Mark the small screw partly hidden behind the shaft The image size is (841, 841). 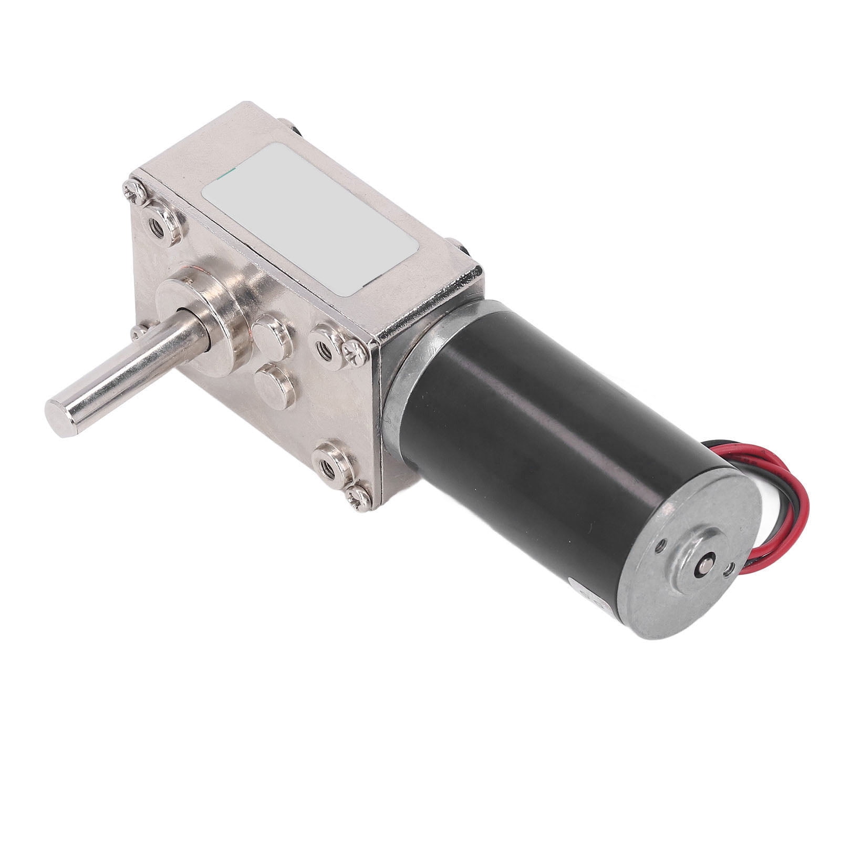tap(138, 330)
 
